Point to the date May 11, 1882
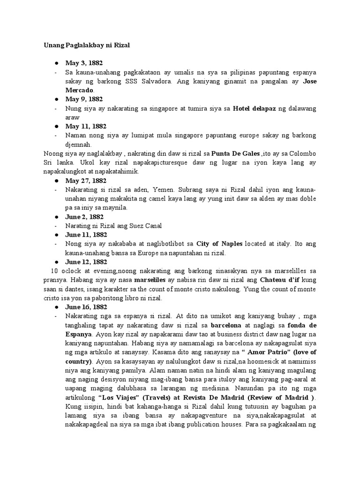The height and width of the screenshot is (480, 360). (x=86, y=126)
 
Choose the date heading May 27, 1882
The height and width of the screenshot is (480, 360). (x=86, y=180)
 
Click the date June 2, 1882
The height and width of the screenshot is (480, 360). (x=84, y=217)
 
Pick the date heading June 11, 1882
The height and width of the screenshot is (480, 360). (x=86, y=234)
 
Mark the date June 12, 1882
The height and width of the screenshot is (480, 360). (x=86, y=262)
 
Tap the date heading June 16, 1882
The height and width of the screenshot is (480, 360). (x=86, y=307)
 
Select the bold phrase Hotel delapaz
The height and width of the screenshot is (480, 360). (x=255, y=108)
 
